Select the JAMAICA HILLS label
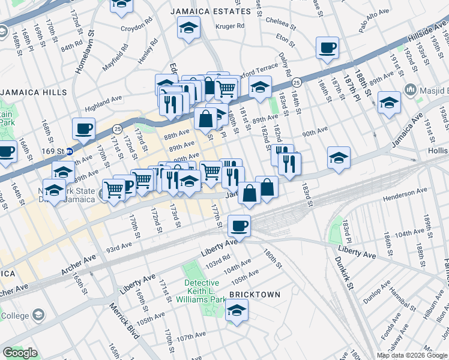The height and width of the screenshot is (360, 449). [x=28, y=92]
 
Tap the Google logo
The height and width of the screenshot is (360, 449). [x=20, y=353]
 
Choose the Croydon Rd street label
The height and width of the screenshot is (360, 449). [x=134, y=28]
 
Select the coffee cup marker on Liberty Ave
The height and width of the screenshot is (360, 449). [x=239, y=226]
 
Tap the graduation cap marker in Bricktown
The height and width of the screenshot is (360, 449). [x=237, y=310]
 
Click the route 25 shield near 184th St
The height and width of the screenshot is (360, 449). [x=297, y=82]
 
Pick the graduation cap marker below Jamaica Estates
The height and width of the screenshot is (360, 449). [x=189, y=27]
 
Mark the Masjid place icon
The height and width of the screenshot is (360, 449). [x=411, y=89]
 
